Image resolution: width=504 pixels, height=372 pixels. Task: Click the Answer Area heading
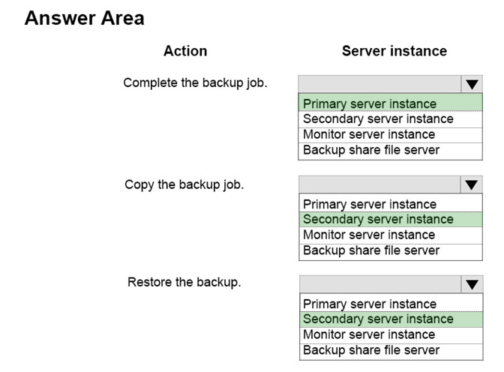85,18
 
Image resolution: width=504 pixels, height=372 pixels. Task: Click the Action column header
185,51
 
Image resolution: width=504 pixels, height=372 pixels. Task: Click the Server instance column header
394,51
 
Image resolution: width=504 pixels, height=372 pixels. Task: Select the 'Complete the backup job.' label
195,83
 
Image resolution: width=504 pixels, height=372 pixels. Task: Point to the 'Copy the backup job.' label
184,184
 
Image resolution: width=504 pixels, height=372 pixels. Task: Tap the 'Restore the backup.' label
184,282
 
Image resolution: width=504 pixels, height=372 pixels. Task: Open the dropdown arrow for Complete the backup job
472,85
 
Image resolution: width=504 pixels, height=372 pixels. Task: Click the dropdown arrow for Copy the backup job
472,184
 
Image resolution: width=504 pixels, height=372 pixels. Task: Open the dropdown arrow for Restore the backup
472,284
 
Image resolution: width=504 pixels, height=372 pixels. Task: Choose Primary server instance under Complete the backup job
370,103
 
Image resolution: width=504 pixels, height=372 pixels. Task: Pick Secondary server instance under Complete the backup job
378,119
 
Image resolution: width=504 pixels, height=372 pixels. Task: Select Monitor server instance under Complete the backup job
369,134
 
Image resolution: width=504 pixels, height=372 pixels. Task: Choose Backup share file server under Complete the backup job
371,150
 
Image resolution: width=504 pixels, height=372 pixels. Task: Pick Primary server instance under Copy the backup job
370,204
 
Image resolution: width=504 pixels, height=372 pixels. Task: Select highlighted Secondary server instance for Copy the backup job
378,219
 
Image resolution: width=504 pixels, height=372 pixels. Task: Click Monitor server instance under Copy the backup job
369,235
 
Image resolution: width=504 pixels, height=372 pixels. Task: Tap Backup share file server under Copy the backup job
371,250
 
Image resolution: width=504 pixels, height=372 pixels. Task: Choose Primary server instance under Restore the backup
370,304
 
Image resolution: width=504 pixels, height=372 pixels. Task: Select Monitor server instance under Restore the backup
369,334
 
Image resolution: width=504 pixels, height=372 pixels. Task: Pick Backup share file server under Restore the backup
371,349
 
